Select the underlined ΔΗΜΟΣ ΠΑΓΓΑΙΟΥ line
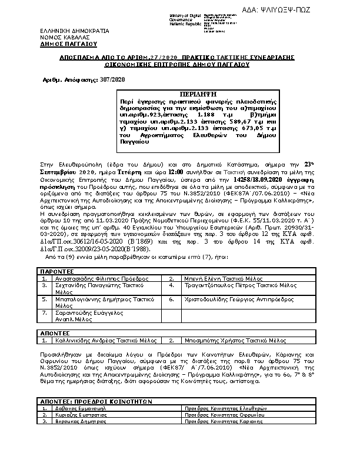[x=69, y=44]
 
